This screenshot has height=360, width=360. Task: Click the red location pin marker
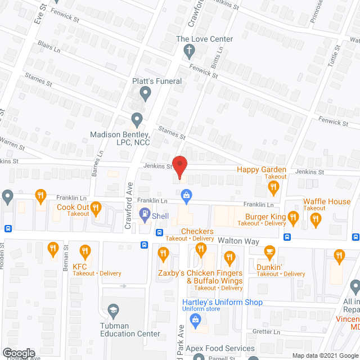179,167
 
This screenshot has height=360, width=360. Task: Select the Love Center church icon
189,51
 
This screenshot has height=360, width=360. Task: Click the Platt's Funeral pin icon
146,94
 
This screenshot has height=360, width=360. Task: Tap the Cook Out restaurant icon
96,209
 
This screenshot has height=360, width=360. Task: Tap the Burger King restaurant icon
292,217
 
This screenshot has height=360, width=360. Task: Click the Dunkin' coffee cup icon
270,251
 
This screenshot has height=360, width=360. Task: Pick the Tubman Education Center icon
113,310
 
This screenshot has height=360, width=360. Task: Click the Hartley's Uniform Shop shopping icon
195,321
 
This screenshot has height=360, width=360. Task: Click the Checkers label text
197,232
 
